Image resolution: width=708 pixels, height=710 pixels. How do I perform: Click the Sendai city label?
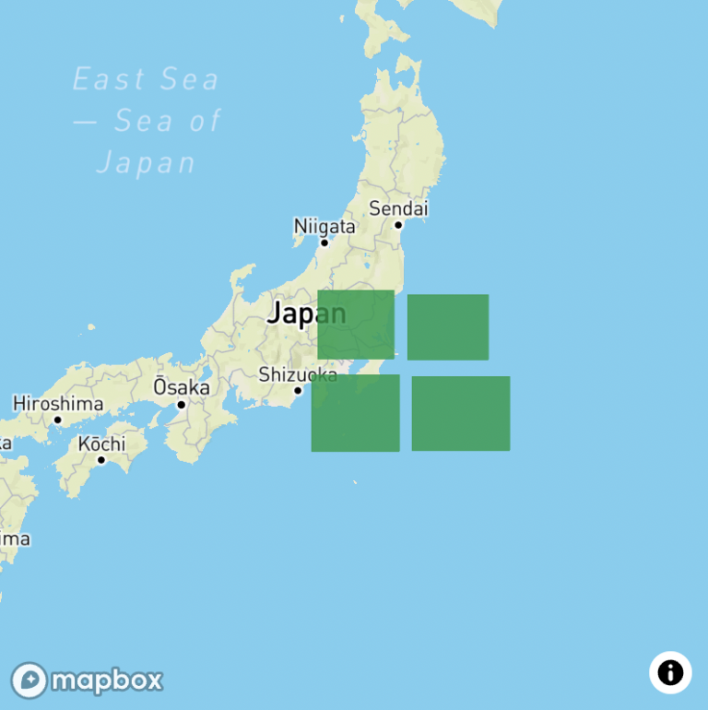(398, 208)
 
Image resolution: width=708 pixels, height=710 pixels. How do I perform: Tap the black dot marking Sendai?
(398, 224)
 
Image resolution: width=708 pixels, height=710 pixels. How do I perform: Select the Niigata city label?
(324, 226)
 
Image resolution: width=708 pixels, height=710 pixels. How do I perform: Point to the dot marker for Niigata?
(324, 243)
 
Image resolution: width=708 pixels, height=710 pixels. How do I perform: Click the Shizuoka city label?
(298, 374)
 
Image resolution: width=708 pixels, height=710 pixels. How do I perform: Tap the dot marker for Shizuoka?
(298, 390)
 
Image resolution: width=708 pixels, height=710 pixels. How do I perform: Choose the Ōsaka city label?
(181, 387)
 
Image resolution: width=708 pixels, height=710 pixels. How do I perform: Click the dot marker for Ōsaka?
(182, 404)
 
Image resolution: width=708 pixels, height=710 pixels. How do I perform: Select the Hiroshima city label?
(57, 403)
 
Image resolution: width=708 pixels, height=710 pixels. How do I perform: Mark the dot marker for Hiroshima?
(57, 420)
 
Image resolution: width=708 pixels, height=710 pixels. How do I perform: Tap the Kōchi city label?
(101, 444)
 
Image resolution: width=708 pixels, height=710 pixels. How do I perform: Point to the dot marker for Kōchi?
(101, 459)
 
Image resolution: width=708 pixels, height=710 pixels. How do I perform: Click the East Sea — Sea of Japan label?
(147, 121)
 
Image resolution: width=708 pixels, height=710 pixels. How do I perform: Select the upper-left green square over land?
(356, 325)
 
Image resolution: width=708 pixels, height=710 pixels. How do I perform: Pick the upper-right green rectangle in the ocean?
(448, 327)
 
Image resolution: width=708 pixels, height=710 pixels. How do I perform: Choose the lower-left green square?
(355, 413)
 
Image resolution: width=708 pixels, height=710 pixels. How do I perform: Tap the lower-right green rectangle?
(461, 413)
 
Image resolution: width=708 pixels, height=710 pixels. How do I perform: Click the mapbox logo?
(88, 680)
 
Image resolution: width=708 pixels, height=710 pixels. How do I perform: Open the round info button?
(670, 672)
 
